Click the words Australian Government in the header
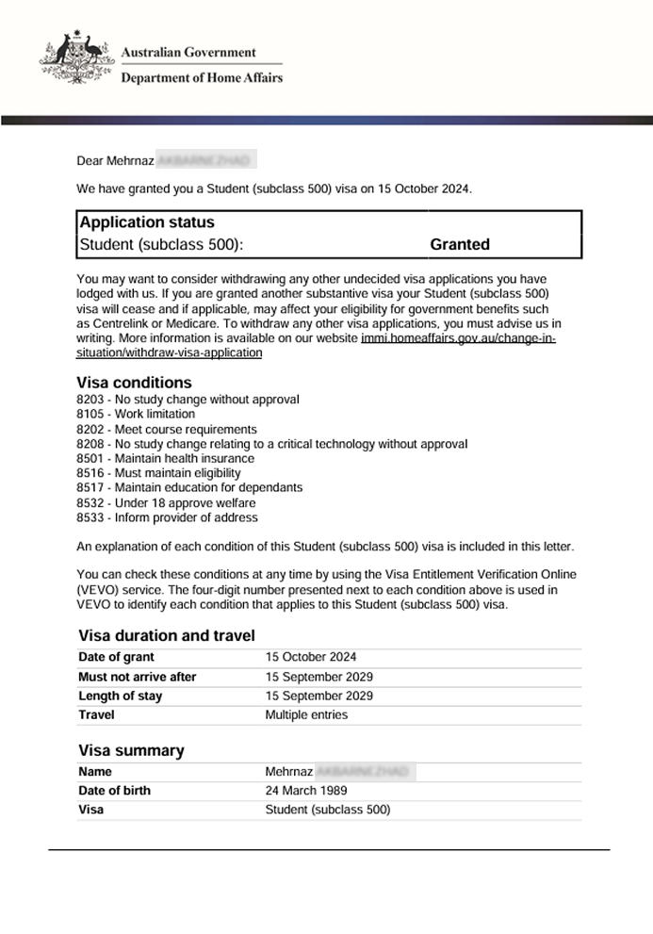188,53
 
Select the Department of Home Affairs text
201,78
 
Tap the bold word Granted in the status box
460,245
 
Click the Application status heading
147,222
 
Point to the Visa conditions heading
134,383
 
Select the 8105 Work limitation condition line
136,414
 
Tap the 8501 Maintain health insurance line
165,458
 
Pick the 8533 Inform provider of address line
167,517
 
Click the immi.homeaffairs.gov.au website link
458,338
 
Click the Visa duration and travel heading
166,635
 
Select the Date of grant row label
116,657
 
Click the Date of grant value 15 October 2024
310,657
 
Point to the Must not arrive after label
138,677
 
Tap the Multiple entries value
306,714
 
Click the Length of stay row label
120,696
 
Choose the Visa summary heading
131,750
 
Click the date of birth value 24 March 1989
306,791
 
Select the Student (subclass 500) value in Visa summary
327,810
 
